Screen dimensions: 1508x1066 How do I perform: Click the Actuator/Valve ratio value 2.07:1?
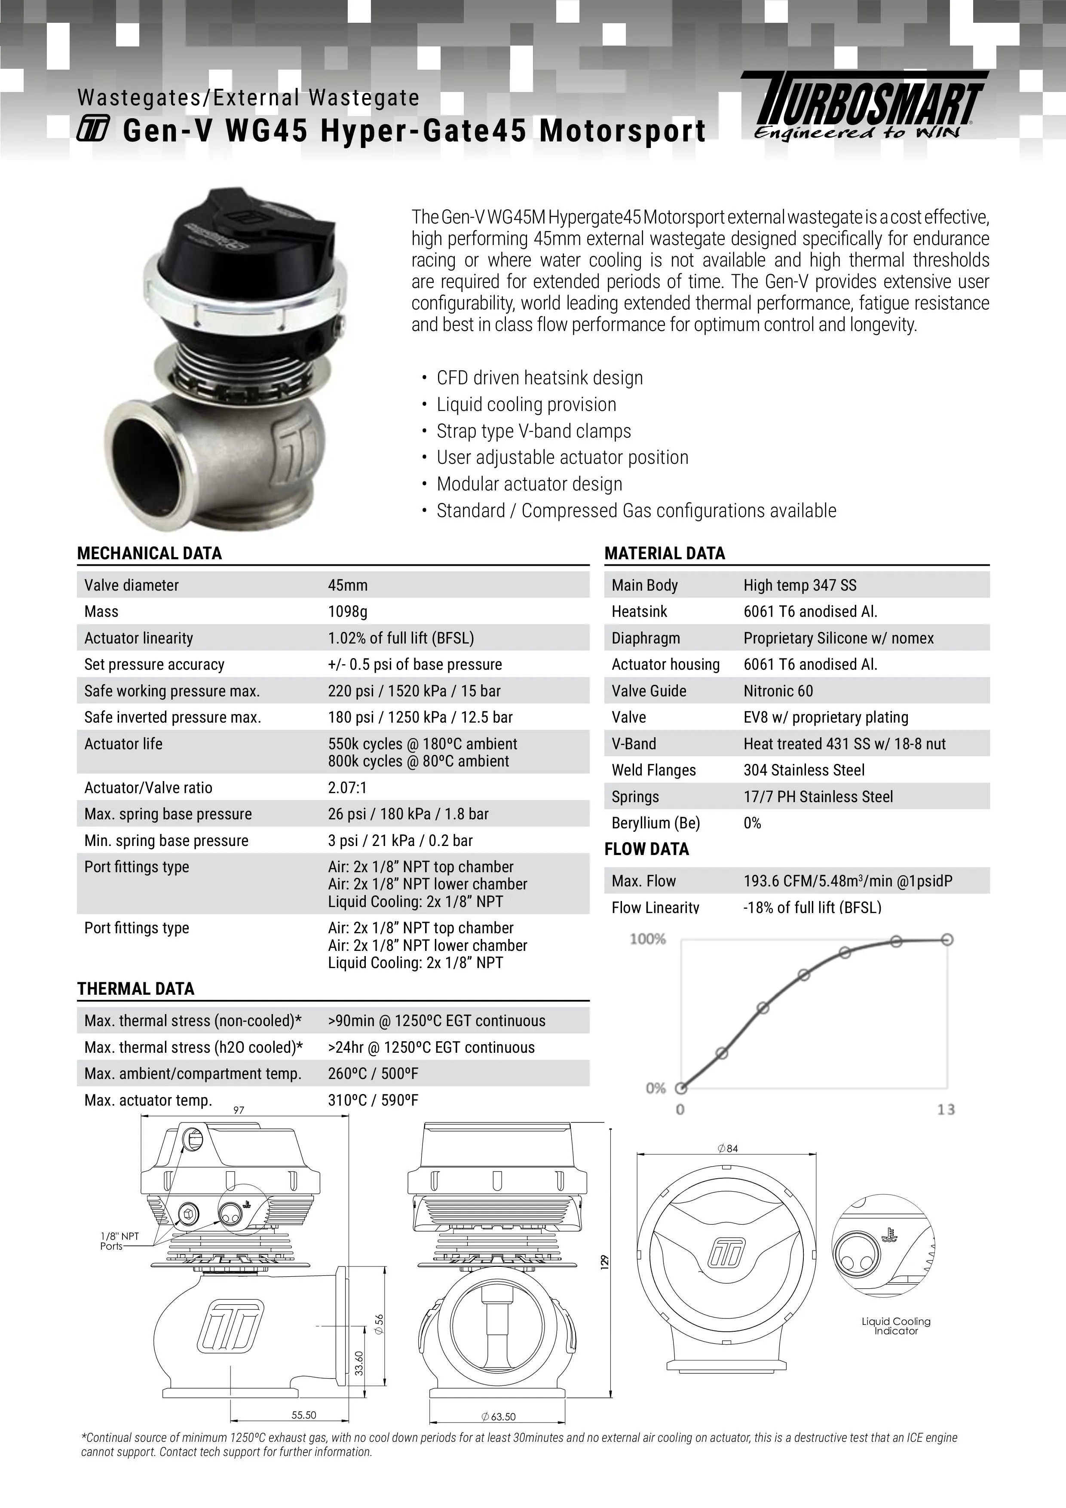(347, 788)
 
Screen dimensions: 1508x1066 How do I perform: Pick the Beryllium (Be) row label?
(656, 823)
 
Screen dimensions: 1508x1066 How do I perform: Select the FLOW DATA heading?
(646, 849)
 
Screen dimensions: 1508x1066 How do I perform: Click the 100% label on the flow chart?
(648, 939)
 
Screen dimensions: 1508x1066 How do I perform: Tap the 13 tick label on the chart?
(946, 1110)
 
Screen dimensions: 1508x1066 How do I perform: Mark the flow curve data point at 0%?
(681, 1088)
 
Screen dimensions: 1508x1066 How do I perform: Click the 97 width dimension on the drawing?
(239, 1110)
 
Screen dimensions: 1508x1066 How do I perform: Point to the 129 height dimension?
(605, 1261)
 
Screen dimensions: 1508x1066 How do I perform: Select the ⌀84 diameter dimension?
(728, 1149)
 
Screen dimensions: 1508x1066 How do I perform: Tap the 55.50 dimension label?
(303, 1434)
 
